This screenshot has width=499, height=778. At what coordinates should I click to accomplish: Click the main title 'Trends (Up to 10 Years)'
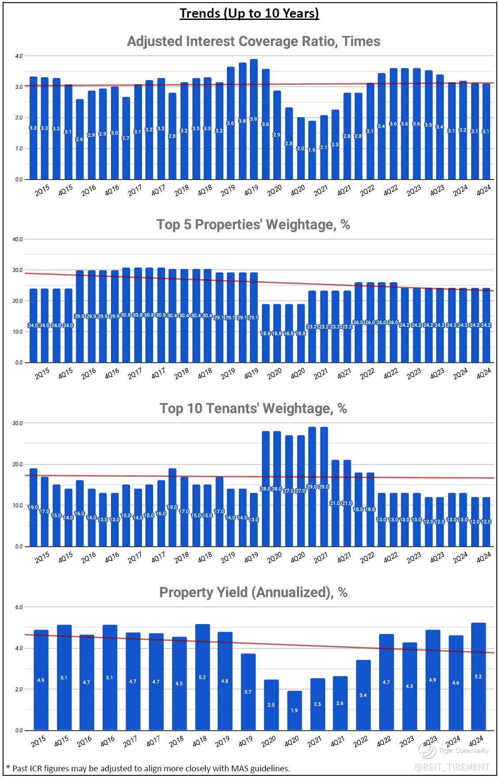point(249,14)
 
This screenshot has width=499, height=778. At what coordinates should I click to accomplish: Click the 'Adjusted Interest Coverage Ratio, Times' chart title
point(253,41)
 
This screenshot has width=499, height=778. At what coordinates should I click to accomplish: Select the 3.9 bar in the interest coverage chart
point(253,119)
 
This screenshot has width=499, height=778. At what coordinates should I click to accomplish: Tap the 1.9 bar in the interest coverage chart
point(312,150)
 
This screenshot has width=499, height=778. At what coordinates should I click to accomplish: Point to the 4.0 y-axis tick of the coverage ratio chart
point(18,56)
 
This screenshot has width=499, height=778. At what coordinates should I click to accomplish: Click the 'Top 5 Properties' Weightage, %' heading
point(253,225)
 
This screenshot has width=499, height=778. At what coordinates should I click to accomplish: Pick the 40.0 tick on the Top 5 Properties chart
point(18,239)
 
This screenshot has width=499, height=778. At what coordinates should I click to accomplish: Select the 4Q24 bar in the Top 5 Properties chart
point(486,325)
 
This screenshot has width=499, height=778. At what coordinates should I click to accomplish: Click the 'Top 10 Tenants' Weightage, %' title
point(253,408)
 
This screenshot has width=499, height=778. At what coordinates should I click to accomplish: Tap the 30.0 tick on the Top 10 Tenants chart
point(18,423)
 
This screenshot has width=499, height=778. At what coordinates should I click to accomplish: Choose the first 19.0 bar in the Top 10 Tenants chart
point(33,507)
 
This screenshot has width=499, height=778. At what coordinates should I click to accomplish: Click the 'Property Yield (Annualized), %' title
point(253,592)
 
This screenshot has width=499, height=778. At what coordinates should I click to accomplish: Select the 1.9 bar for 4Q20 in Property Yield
point(294,710)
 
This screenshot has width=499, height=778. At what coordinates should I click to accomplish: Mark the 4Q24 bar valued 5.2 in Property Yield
point(478,676)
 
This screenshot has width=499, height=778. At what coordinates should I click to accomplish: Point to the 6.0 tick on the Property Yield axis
point(18,607)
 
